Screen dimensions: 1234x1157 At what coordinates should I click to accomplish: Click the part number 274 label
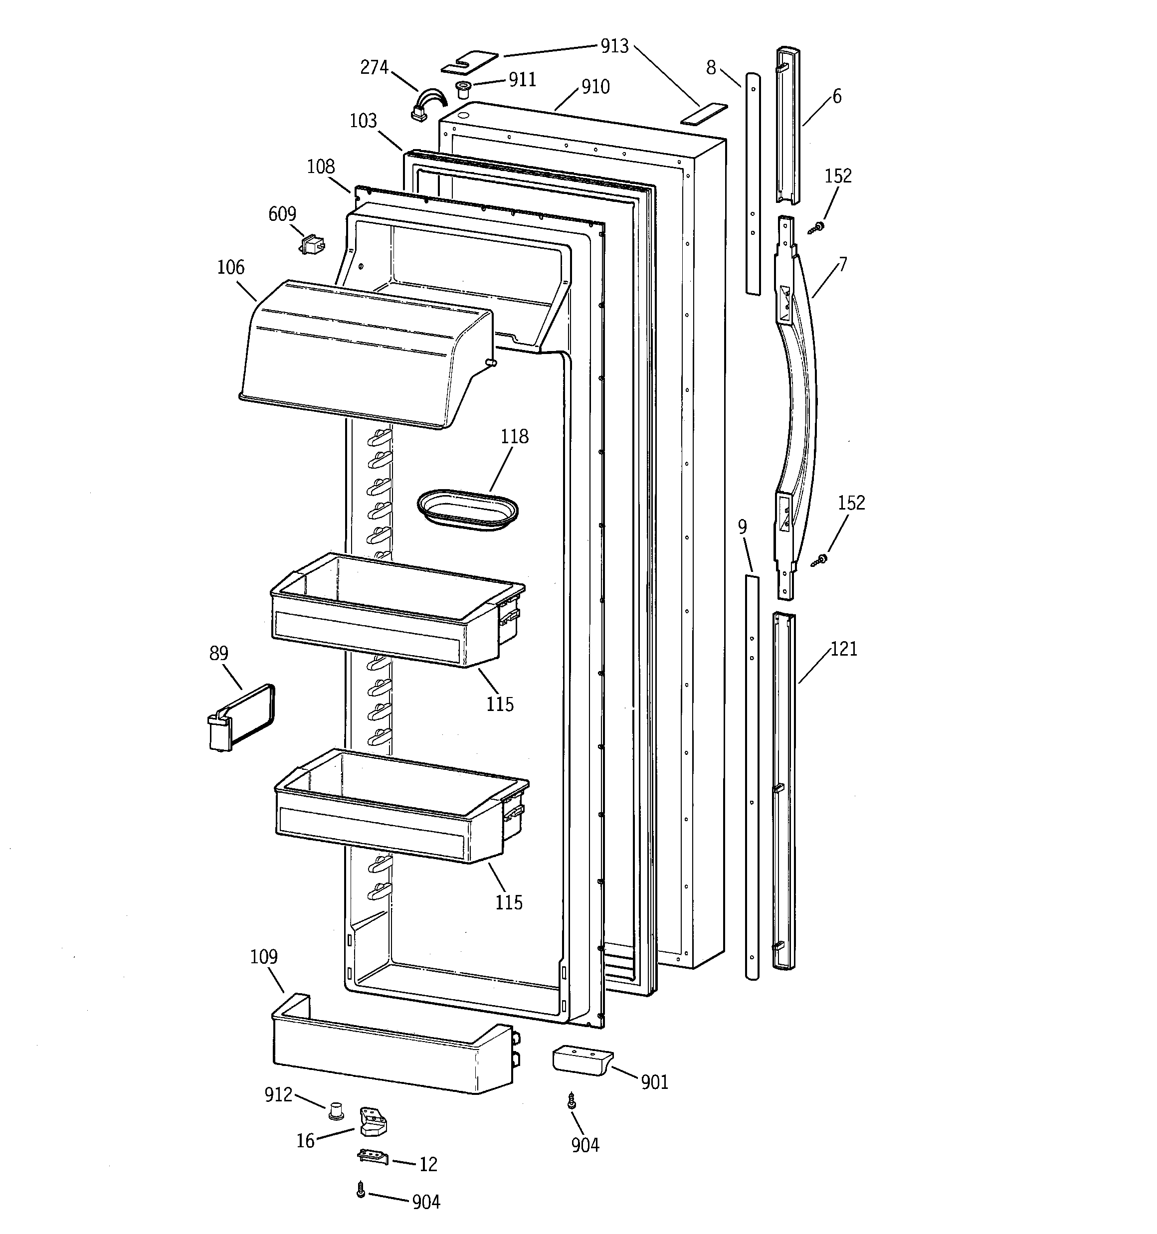pos(374,67)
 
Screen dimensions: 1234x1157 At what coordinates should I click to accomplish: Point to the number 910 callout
pos(595,87)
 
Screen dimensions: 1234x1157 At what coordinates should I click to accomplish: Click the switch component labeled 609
pos(312,245)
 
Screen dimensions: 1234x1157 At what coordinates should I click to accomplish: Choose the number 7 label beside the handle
pos(842,265)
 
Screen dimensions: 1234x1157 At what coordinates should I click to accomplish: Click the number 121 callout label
pos(843,649)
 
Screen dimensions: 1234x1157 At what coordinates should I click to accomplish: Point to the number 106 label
pos(230,268)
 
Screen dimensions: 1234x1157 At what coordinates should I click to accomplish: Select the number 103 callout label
pos(364,121)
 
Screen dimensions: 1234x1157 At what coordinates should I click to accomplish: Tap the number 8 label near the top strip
pos(711,68)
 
